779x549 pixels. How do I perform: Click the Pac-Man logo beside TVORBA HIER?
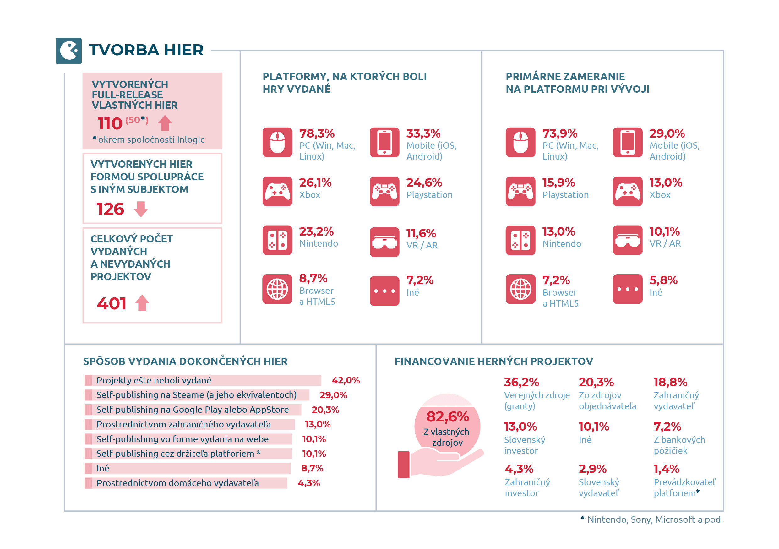[x=68, y=51]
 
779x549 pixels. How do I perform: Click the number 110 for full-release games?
[x=110, y=123]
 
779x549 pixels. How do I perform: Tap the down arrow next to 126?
[x=141, y=209]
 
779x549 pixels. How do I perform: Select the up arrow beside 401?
[x=142, y=303]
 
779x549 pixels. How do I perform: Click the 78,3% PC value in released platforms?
[x=317, y=133]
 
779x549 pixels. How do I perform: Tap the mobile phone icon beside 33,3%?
[x=384, y=143]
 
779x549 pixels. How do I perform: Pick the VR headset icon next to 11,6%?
[x=384, y=242]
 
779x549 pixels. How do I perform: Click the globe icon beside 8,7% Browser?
[x=277, y=289]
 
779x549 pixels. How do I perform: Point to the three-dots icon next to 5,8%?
[x=628, y=289]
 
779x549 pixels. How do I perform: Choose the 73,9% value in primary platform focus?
[x=560, y=133]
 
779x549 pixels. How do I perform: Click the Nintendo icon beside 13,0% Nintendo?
[x=520, y=240]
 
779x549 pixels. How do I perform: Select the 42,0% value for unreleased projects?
[x=346, y=380]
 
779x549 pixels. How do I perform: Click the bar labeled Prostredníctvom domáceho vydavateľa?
[x=186, y=483]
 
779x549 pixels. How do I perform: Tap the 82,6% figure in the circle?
[x=448, y=417]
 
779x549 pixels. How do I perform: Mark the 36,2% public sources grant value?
[x=521, y=383]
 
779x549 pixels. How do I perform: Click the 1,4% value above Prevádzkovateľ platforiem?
[x=666, y=469]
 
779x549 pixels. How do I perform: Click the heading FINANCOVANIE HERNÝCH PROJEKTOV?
[x=494, y=361]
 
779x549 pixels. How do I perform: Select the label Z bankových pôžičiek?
[x=679, y=445]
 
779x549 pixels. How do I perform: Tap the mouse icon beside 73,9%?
[x=520, y=143]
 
